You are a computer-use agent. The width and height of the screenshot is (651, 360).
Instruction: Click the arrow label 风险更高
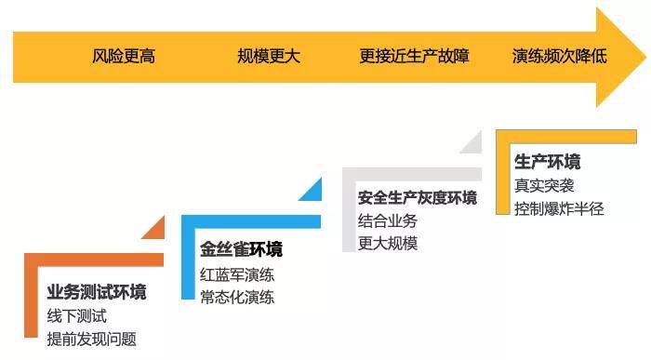click(x=124, y=57)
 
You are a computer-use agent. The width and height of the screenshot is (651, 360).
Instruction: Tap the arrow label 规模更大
click(x=269, y=57)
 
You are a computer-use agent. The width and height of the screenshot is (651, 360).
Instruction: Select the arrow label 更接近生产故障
click(x=414, y=57)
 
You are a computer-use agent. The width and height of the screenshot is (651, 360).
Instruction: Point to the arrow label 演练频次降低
click(x=559, y=57)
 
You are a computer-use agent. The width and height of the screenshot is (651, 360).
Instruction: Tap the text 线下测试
click(x=77, y=316)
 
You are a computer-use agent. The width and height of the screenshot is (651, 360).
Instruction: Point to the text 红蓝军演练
click(x=237, y=275)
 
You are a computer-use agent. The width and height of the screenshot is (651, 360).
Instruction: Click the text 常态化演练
click(x=237, y=298)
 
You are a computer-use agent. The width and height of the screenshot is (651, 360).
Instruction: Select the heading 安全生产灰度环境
click(x=418, y=198)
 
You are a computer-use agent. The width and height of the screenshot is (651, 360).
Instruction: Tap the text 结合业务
click(x=388, y=221)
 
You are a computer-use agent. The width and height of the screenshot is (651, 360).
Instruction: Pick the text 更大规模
click(x=388, y=244)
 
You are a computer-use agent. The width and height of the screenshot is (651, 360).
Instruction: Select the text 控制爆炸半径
click(x=559, y=208)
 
